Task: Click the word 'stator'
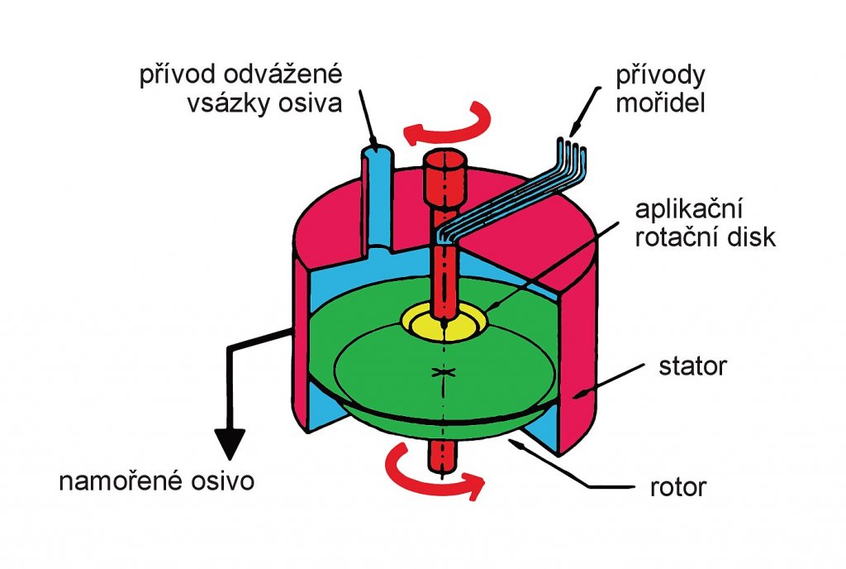coord(695,366)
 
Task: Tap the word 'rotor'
coord(678,487)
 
